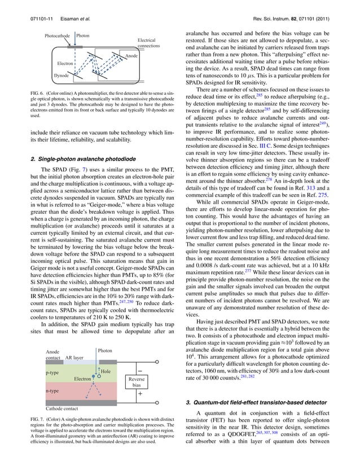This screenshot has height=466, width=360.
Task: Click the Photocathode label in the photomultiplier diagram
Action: [x=58, y=36]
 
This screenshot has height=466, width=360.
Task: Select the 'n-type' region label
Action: [x=54, y=390]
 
